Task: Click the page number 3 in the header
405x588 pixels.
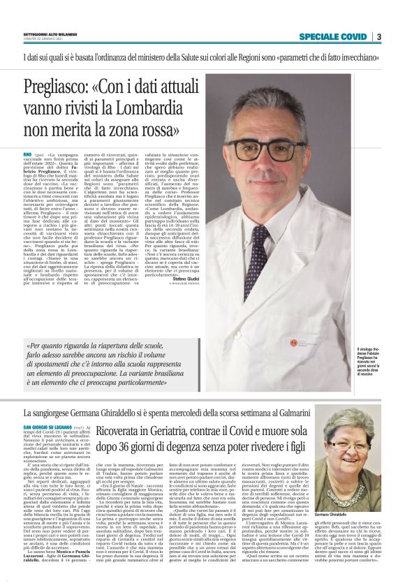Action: point(378,36)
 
